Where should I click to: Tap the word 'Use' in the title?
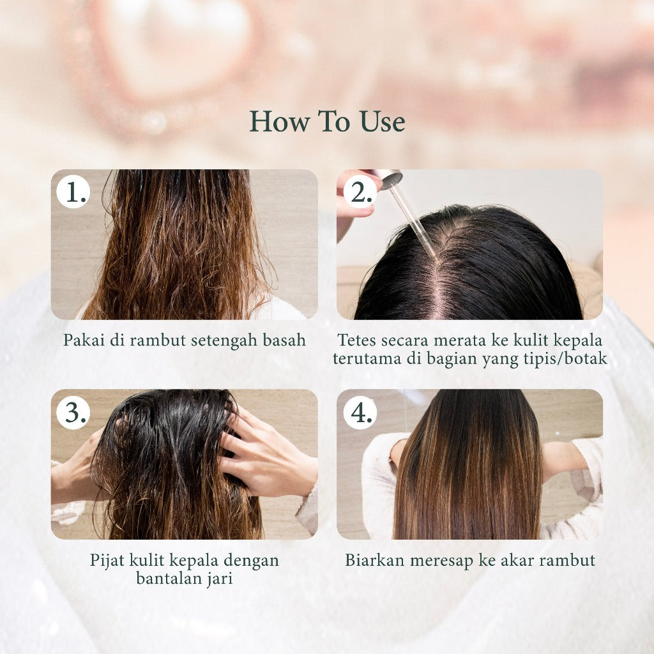pyautogui.click(x=383, y=121)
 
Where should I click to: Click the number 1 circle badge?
pyautogui.click(x=73, y=192)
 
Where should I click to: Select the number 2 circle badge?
pyautogui.click(x=360, y=192)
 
